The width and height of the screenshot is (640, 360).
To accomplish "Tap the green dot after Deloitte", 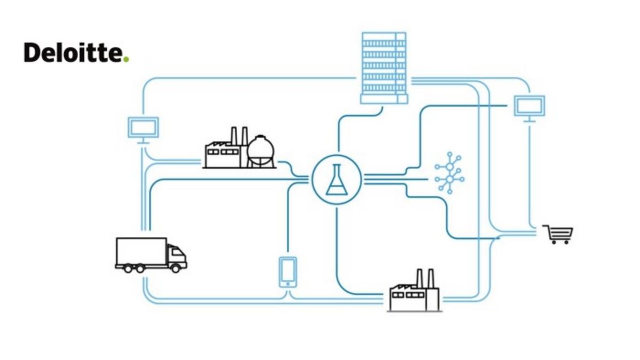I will [x=126, y=59].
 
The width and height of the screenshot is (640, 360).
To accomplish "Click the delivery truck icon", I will [x=151, y=255].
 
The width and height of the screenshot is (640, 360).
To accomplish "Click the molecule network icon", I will [x=450, y=173].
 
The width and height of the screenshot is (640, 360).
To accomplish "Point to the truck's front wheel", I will [x=175, y=268].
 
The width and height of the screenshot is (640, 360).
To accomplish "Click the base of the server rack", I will [x=384, y=99].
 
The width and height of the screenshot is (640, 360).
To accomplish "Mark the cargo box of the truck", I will [x=141, y=252].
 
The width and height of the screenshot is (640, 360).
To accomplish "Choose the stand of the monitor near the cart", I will [x=529, y=119].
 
